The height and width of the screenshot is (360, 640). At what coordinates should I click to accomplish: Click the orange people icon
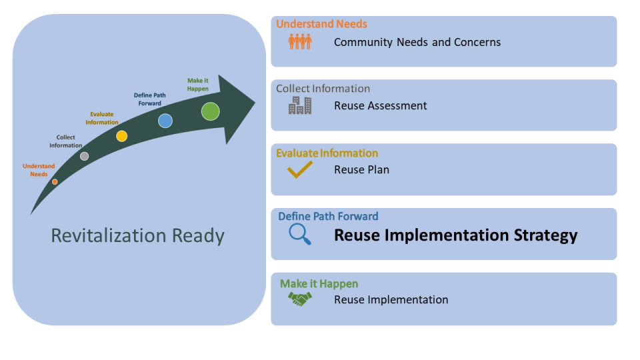tap(300, 42)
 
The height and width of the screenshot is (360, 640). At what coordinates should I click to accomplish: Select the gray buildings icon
tap(300, 105)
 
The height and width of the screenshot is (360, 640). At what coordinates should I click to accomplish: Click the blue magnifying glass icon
tap(300, 234)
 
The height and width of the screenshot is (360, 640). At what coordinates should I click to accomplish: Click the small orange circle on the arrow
tap(55, 181)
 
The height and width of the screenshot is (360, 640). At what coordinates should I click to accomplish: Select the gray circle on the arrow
tap(84, 156)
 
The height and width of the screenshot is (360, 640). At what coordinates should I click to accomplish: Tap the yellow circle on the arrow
tap(121, 136)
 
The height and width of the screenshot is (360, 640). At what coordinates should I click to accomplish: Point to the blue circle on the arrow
tap(165, 121)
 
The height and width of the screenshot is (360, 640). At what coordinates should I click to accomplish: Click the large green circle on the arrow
tap(211, 111)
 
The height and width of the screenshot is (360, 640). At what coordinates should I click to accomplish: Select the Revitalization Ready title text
tap(138, 236)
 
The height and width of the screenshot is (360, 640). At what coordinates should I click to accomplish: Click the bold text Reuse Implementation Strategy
tap(455, 235)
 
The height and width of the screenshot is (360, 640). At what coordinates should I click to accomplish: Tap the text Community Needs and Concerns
tap(417, 42)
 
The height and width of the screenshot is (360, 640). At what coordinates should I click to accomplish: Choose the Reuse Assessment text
tap(381, 105)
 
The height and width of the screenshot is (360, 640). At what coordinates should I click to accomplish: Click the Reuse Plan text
tap(361, 169)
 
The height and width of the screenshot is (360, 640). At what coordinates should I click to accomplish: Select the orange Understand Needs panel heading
tap(321, 24)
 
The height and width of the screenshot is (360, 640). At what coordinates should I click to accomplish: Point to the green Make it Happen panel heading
tap(319, 284)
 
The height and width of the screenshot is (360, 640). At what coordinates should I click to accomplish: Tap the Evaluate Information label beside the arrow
tap(102, 118)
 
